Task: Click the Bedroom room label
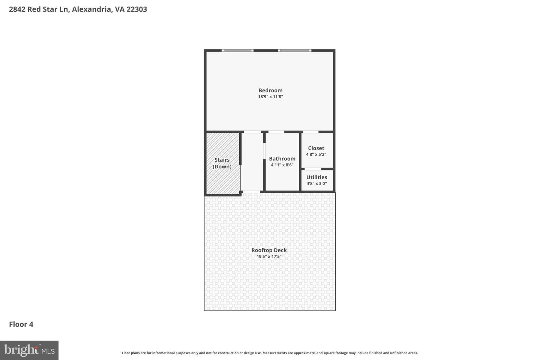[270, 90]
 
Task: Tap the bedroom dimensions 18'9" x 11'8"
[270, 97]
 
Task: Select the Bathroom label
[282, 159]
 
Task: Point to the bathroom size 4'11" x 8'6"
[282, 165]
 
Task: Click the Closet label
[316, 148]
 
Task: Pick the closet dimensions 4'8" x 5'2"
[316, 154]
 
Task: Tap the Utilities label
[316, 177]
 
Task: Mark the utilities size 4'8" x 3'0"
[316, 184]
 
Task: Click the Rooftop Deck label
[269, 250]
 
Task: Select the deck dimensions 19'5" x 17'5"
[269, 256]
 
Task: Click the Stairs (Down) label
[222, 163]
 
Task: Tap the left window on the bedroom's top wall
[237, 50]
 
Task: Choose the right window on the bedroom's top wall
[294, 50]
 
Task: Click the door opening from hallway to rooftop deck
[252, 192]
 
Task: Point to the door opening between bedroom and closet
[310, 132]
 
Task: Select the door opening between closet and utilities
[313, 169]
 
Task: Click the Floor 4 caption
[21, 324]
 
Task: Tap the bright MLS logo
[29, 350]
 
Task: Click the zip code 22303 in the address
[136, 9]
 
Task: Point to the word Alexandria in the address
[91, 9]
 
